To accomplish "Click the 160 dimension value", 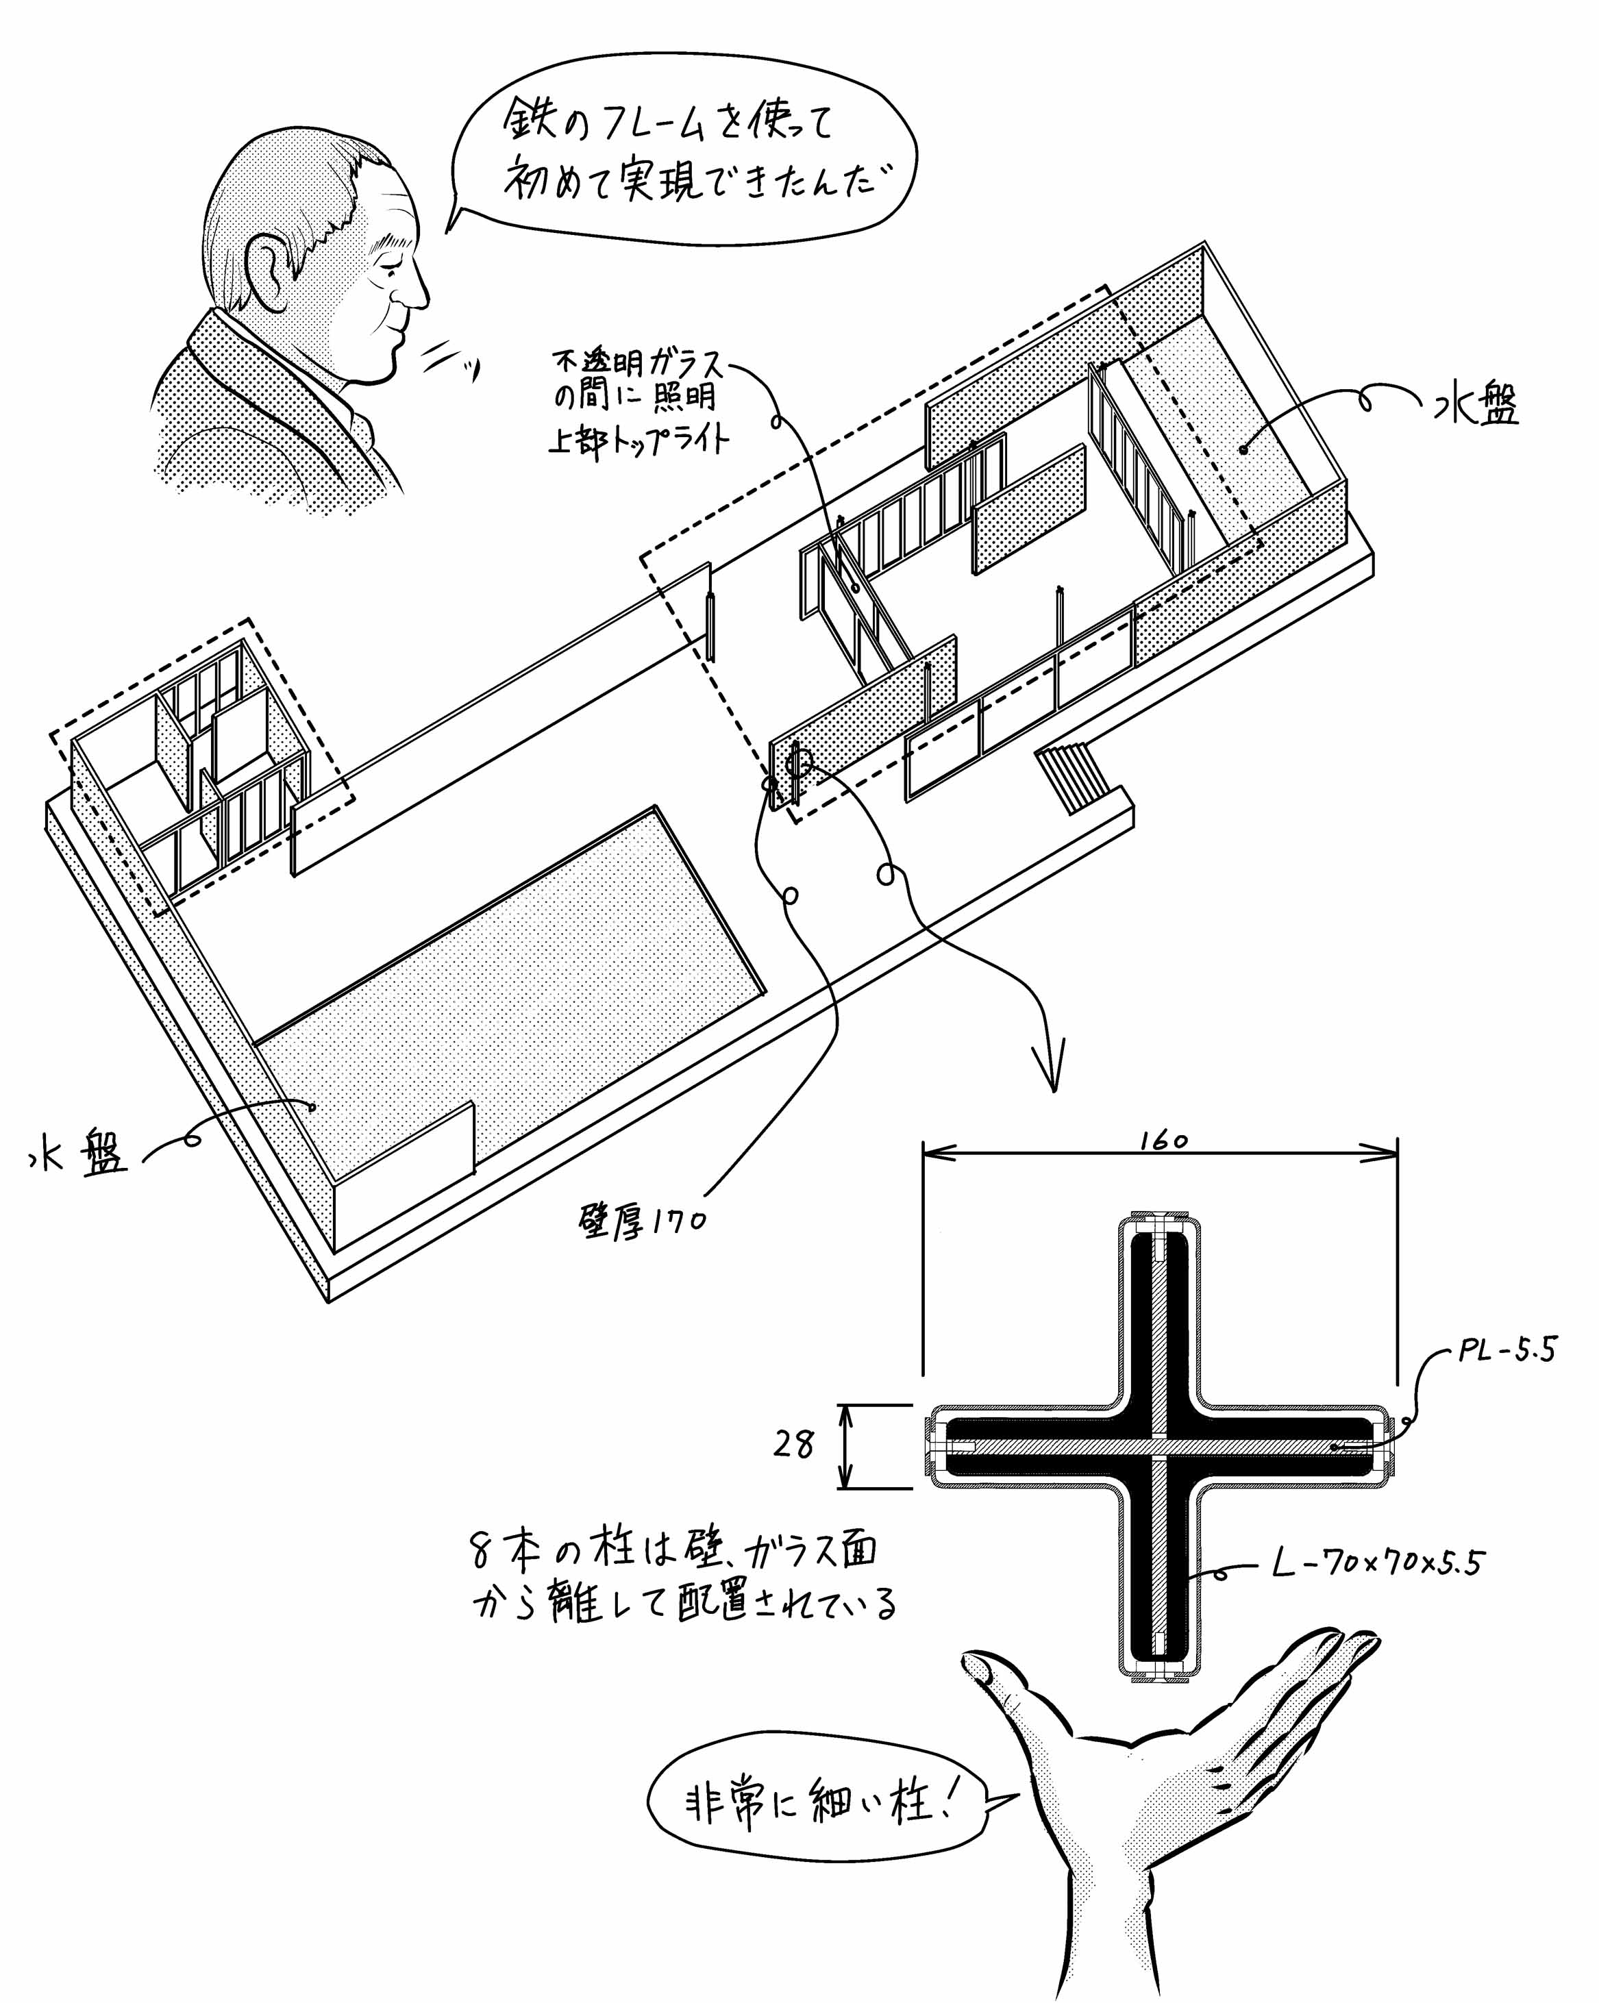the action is [1164, 1140].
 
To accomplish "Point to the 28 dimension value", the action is [793, 1445].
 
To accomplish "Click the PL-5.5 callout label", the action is [1506, 1349].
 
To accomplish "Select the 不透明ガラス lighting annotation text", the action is [639, 399].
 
